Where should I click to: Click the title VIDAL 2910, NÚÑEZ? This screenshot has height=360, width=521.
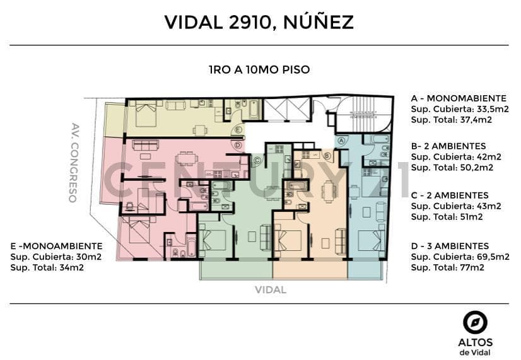coord(259,21)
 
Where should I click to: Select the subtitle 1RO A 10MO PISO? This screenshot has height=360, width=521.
coord(259,70)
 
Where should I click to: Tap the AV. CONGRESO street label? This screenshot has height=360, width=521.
coord(74,163)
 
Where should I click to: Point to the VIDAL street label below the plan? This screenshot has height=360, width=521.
coord(271,289)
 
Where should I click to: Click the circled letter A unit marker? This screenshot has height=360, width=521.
coord(341,141)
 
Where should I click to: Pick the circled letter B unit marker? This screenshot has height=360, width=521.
coord(327,156)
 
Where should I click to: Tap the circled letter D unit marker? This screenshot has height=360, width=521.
coord(238,145)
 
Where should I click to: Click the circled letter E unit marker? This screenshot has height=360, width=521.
coord(238,130)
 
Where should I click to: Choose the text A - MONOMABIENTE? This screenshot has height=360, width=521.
coord(459,98)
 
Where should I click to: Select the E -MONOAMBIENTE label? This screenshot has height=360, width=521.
coord(57,246)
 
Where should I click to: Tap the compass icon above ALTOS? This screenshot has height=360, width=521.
coord(475,323)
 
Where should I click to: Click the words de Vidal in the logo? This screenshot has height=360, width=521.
coord(475,352)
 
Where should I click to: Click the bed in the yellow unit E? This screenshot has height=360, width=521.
coord(146,114)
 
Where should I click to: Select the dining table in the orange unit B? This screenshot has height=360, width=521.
coord(328,191)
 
